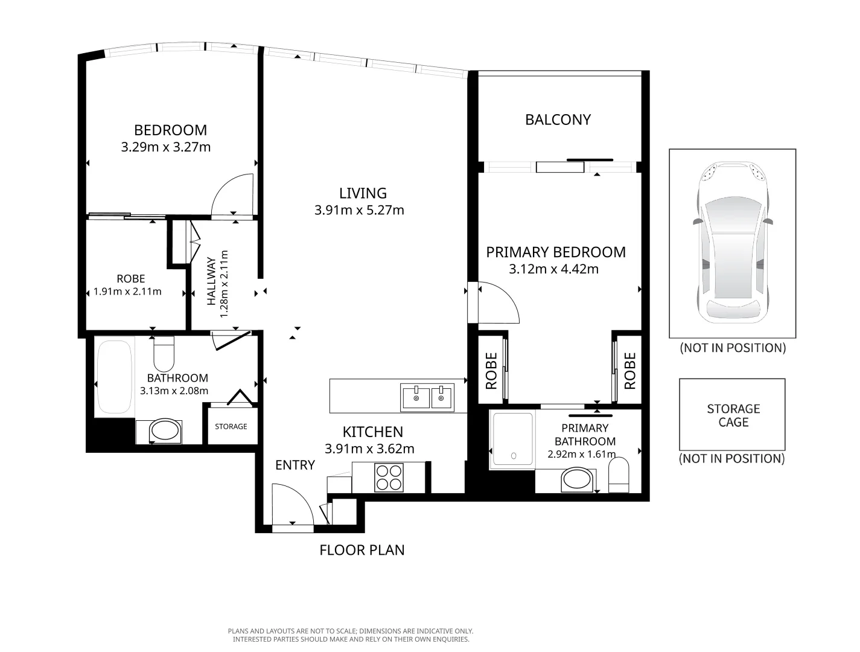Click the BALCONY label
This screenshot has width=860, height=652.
[558, 120]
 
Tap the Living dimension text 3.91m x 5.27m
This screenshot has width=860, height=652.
[359, 211]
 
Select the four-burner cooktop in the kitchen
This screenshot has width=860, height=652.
[389, 478]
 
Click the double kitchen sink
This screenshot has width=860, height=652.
[427, 398]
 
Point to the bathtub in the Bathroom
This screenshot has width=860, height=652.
[114, 377]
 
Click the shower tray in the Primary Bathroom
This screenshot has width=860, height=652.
[512, 439]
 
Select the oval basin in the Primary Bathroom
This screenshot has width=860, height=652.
[577, 481]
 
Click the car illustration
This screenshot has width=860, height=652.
[732, 243]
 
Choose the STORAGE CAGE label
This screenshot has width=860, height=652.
[733, 415]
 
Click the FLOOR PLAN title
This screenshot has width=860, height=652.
[362, 550]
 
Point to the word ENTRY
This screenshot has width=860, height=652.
[295, 465]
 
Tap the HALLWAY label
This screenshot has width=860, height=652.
[211, 281]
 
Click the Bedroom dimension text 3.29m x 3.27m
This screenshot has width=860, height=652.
[166, 147]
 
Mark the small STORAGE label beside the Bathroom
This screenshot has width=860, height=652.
[231, 426]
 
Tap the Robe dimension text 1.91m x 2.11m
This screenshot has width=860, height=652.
[127, 292]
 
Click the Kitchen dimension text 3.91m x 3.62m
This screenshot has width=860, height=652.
[369, 449]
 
